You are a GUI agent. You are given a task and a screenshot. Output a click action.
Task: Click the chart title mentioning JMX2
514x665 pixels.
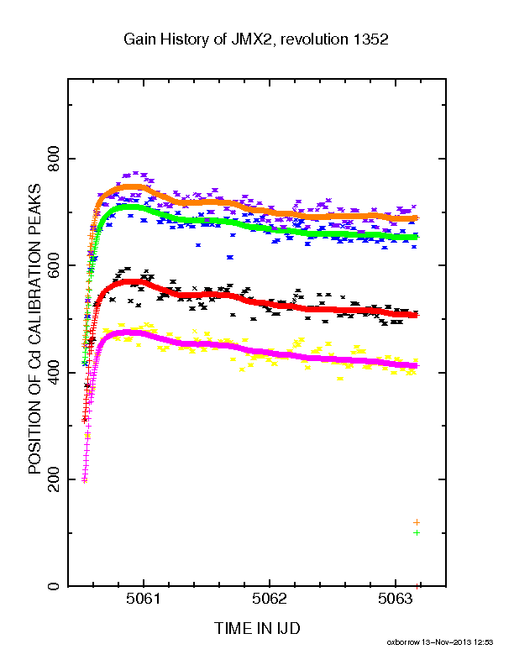(255, 39)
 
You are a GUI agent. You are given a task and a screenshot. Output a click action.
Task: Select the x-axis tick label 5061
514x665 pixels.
(144, 599)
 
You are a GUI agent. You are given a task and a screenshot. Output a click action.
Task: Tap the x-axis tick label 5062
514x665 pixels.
(270, 599)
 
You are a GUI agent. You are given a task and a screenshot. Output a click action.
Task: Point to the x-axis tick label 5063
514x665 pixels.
(396, 599)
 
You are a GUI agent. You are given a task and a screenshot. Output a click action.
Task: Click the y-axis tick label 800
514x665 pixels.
(54, 159)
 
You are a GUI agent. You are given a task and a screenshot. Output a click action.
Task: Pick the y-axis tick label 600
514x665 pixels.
(54, 265)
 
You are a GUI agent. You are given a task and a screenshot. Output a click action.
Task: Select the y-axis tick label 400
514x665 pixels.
(54, 372)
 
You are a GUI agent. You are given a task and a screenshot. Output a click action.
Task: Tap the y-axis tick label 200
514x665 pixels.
(54, 479)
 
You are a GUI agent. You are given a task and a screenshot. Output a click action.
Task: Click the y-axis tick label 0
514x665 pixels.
(54, 586)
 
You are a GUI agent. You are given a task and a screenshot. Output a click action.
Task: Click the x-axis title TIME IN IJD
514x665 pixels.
(257, 628)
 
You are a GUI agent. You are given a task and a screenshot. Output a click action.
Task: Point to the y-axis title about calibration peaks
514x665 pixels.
(34, 328)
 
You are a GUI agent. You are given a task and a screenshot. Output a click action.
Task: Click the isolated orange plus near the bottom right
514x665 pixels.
(417, 522)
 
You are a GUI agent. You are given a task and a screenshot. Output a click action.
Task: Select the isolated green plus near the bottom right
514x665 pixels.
(417, 532)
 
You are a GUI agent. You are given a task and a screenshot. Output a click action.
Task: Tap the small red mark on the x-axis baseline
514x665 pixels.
(417, 586)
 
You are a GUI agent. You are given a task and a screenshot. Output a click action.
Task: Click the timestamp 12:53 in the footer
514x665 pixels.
(485, 642)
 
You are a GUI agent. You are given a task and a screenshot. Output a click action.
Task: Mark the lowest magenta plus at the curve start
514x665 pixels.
(84, 480)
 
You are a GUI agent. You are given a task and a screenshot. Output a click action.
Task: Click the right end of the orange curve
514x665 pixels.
(417, 218)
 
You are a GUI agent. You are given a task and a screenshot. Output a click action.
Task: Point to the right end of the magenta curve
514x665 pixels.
(416, 365)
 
